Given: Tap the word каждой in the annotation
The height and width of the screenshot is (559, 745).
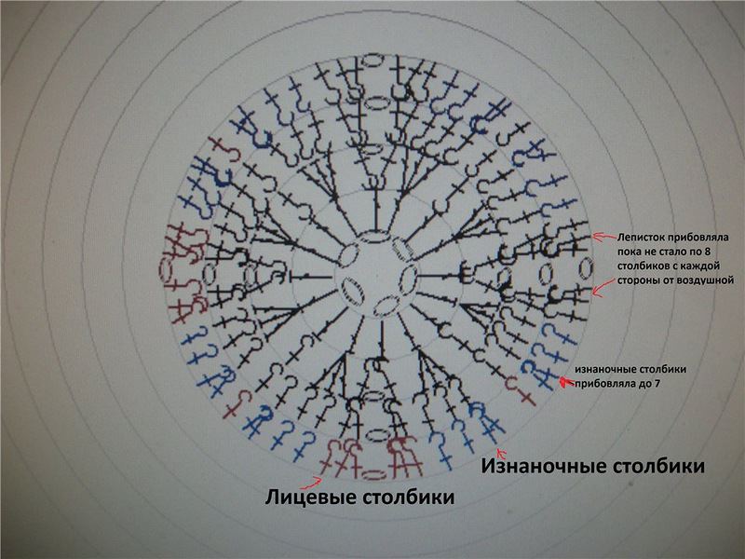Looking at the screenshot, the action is [700, 266].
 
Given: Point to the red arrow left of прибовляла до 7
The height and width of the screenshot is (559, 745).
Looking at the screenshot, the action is [565, 381].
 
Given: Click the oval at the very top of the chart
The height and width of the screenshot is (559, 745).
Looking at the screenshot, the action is [372, 59].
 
